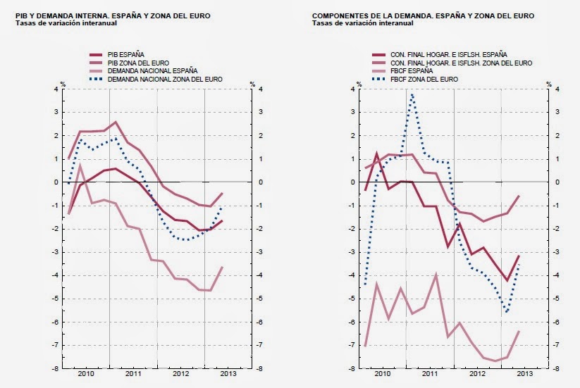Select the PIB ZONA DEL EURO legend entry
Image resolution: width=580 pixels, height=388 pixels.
point(134,63)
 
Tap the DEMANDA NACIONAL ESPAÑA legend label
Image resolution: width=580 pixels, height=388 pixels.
point(149,71)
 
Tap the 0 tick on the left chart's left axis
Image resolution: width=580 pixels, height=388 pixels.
point(55,182)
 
